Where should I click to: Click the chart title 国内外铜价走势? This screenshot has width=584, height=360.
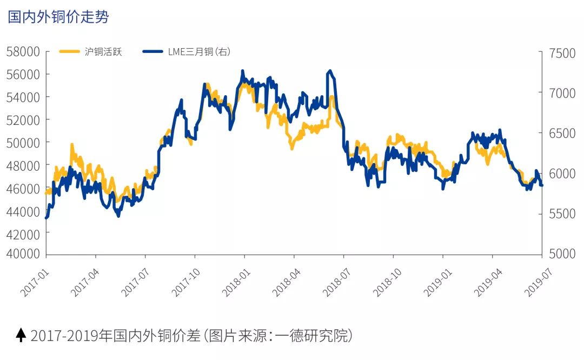(58, 17)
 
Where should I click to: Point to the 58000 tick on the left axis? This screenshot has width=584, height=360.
(23, 52)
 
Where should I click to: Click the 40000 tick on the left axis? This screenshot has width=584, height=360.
(23, 254)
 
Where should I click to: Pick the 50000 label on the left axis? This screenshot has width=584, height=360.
(23, 142)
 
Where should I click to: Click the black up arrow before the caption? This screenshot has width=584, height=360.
(21, 335)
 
